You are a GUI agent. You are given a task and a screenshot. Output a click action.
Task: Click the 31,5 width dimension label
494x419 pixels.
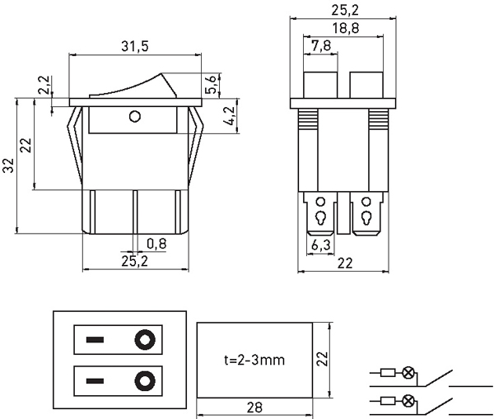[x=134, y=47]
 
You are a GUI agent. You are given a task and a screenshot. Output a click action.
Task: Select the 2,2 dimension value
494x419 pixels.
[x=44, y=85]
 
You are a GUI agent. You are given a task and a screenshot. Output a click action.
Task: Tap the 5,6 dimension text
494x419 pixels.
[x=212, y=84]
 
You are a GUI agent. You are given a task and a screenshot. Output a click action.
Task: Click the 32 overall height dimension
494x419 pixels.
[x=9, y=167]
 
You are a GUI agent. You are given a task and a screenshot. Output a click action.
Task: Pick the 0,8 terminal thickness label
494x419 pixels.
[x=156, y=243]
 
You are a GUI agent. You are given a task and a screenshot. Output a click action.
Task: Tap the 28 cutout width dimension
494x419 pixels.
[x=254, y=407]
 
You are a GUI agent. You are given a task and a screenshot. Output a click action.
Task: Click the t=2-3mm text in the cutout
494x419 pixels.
[x=254, y=360]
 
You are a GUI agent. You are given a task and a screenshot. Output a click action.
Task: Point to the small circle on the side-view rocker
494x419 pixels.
[x=135, y=117]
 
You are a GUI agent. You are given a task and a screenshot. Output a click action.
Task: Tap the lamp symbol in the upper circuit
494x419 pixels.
[x=408, y=373]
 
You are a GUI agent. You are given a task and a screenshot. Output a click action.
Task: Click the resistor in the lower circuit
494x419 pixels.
[x=387, y=401]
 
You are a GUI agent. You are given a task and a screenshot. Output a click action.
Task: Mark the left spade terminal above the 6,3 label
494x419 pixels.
[x=319, y=217]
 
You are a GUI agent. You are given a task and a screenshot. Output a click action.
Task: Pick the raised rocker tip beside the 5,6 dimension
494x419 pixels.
[x=164, y=82]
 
